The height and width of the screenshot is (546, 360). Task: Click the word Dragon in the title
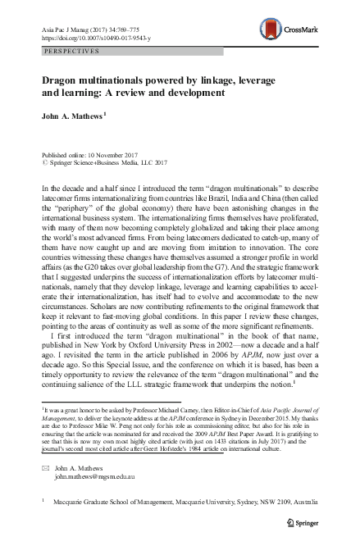[x=62, y=83]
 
